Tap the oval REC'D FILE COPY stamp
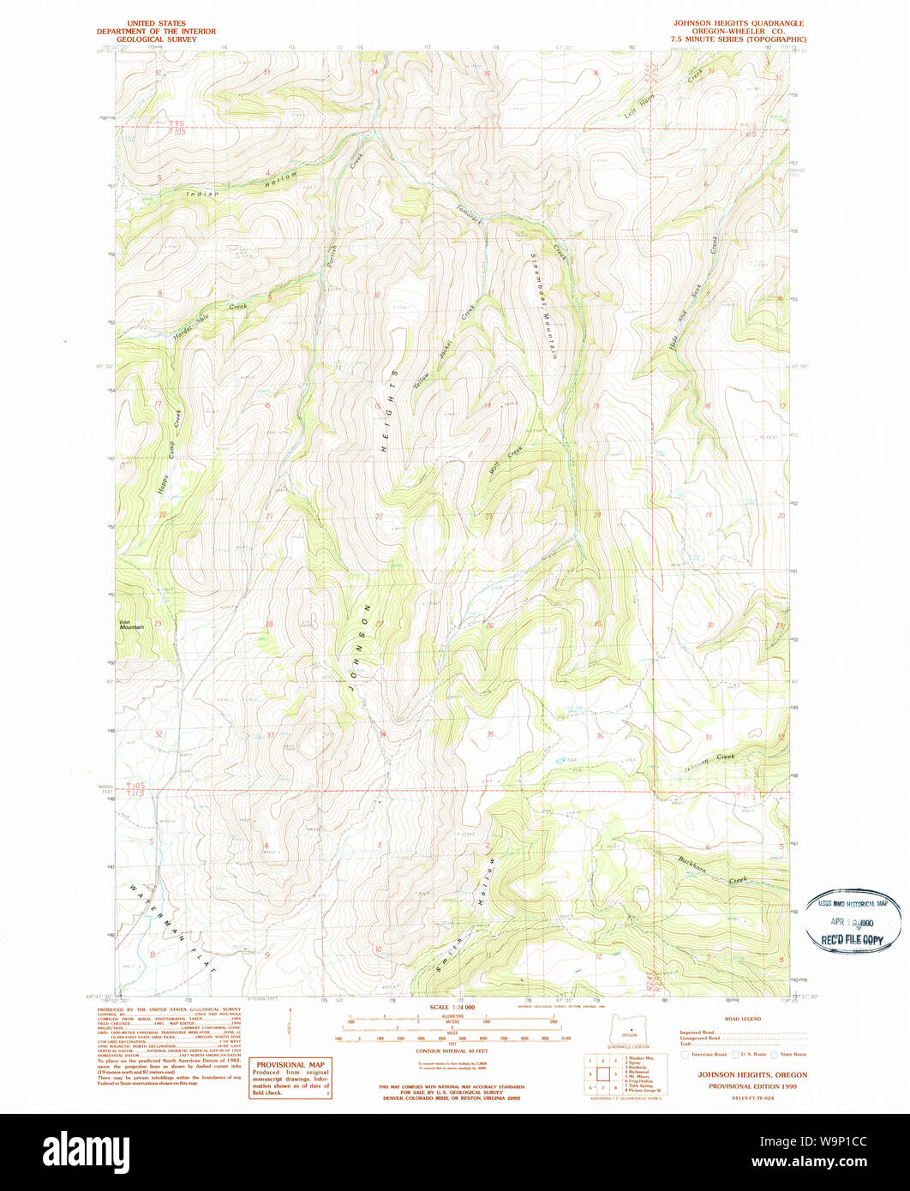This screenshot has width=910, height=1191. [x=853, y=921]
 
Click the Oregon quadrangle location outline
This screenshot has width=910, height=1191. [x=629, y=1027]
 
